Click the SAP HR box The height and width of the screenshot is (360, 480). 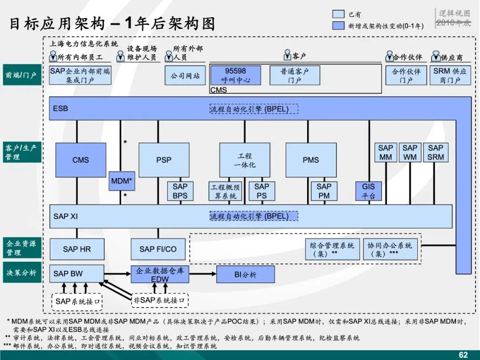click(77, 249)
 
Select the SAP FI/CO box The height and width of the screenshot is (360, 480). click(158, 249)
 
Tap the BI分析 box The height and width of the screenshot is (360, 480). click(245, 275)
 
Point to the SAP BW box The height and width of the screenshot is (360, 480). click(77, 274)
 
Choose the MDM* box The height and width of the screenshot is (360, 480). click(122, 181)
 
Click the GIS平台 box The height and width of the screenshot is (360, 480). click(368, 191)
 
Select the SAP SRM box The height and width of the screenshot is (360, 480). click(436, 152)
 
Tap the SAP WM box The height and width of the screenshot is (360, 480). click(410, 152)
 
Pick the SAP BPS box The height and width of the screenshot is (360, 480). click(180, 191)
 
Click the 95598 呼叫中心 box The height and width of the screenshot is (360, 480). click(236, 76)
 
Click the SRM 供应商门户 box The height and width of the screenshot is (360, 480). click(450, 76)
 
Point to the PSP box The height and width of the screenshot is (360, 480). click(164, 160)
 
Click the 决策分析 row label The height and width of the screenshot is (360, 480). click(21, 273)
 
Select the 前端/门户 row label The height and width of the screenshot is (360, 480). click(21, 76)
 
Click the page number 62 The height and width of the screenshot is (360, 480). click(463, 355)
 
